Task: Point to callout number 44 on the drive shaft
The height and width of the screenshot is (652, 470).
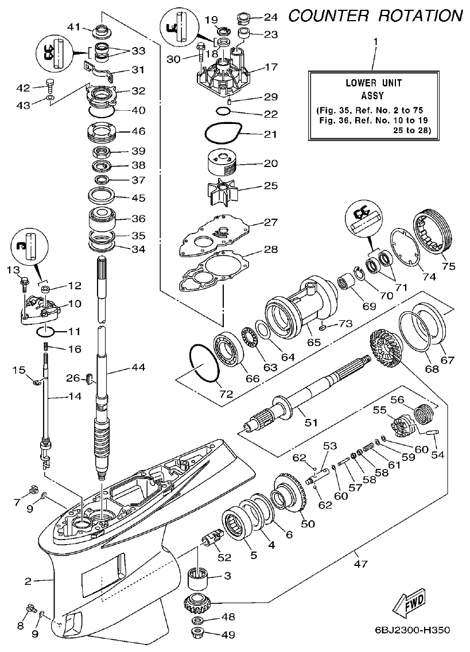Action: coord(138,367)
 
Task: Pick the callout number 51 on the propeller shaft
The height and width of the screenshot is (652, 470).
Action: coord(310,422)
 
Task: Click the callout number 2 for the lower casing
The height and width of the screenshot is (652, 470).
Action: coord(28,581)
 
